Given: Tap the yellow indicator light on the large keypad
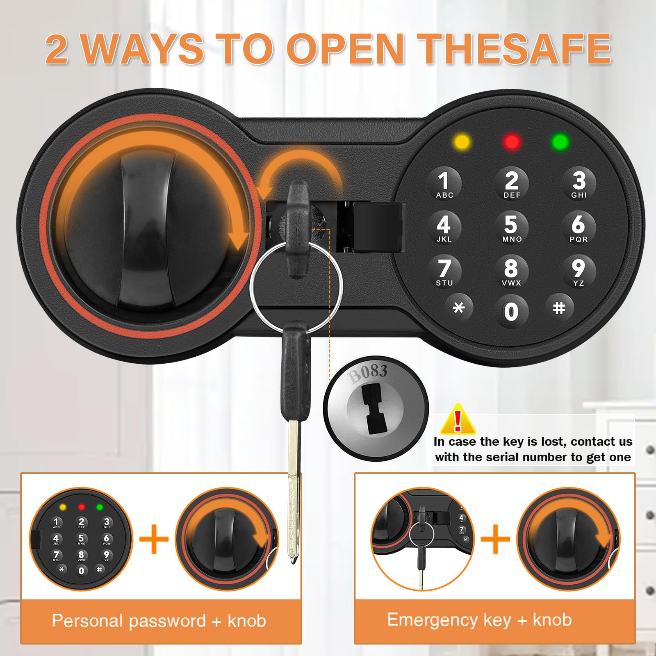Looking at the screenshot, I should pyautogui.click(x=462, y=142).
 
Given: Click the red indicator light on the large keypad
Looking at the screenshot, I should pyautogui.click(x=512, y=142).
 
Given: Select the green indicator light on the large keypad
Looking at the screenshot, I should pyautogui.click(x=560, y=142).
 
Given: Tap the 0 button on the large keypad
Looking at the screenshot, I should pyautogui.click(x=511, y=312).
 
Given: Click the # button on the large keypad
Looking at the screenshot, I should pyautogui.click(x=559, y=307).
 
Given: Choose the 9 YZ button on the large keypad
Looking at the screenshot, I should pyautogui.click(x=578, y=271).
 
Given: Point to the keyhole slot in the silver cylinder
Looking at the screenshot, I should pyautogui.click(x=374, y=410).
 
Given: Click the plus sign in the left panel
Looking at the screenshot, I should pyautogui.click(x=154, y=539).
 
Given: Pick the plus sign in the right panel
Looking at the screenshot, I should pyautogui.click(x=495, y=539).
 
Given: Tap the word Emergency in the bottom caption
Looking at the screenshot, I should pyautogui.click(x=432, y=620).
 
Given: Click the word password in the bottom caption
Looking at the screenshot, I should pyautogui.click(x=167, y=621).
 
